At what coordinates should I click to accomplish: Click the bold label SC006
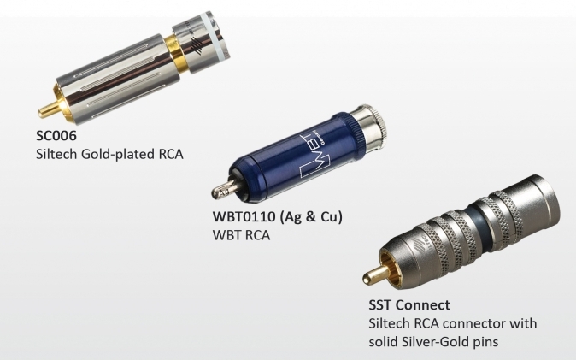pyautogui.click(x=56, y=136)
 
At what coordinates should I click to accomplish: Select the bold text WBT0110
pyautogui.click(x=244, y=216)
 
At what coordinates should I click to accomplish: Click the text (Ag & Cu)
pyautogui.click(x=311, y=217)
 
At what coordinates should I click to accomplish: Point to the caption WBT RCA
pyautogui.click(x=241, y=235)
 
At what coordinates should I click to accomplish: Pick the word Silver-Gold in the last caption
pyautogui.click(x=432, y=342)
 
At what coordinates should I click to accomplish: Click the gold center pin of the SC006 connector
pyautogui.click(x=48, y=109)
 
